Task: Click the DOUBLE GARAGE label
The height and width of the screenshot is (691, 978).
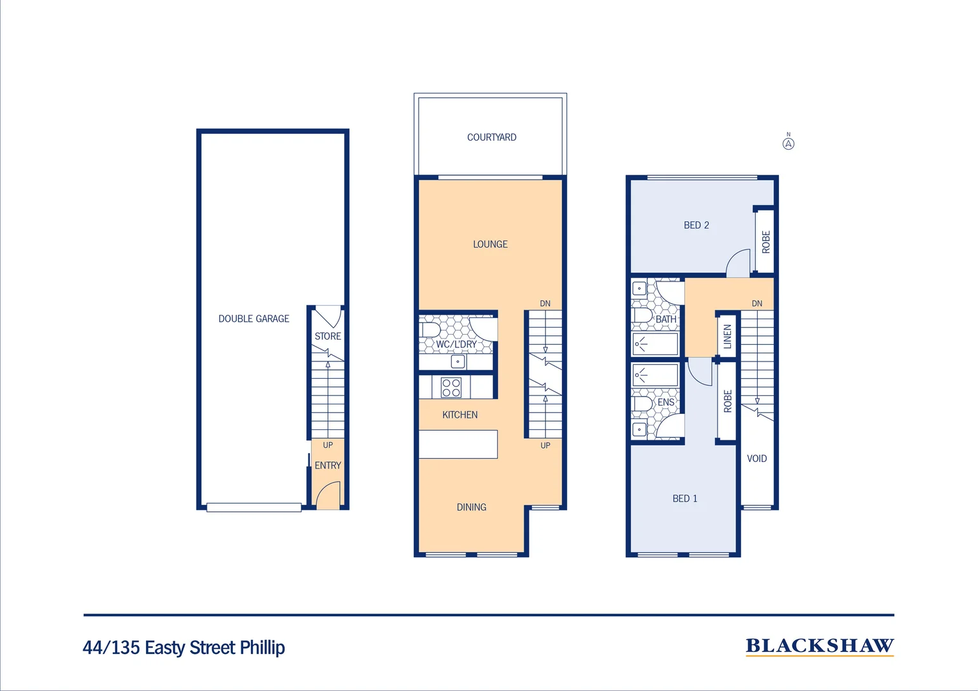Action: point(253,319)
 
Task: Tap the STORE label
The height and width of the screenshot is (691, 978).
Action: point(328,336)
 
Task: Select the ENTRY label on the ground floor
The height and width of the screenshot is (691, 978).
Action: point(328,465)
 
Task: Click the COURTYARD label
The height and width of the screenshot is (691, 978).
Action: point(492,137)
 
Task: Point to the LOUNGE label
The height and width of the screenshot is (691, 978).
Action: point(490,244)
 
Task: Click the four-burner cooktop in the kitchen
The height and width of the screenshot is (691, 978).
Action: point(451,388)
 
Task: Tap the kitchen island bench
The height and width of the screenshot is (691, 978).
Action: point(458,444)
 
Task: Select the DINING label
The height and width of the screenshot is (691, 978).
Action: point(472,507)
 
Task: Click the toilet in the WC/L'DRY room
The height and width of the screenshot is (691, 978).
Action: point(429,330)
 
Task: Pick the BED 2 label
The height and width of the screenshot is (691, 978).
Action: point(696,225)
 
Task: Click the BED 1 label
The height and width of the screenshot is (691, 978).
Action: point(685,498)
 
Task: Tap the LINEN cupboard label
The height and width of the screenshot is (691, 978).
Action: point(727,337)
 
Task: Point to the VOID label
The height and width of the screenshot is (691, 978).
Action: point(757,459)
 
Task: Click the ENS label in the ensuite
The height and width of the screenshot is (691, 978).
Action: point(666,402)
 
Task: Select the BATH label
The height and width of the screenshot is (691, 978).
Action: point(666,319)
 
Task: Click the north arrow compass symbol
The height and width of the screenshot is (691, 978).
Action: point(789,143)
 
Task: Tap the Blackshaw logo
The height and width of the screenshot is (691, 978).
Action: point(819,646)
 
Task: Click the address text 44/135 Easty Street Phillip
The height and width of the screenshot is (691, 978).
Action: point(184,647)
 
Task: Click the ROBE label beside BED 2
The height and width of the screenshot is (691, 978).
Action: point(766,242)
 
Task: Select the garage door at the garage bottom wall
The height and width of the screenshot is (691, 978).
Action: point(254,507)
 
